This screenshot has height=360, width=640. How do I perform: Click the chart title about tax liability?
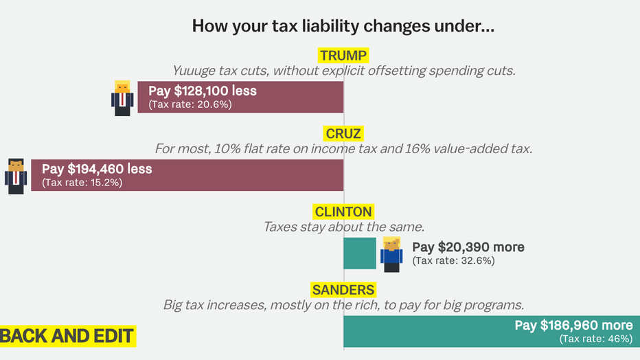tap(343, 27)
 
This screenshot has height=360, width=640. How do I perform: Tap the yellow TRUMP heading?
tap(343, 56)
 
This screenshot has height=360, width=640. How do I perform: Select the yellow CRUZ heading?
tap(343, 133)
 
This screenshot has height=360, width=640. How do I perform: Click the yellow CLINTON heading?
tap(343, 211)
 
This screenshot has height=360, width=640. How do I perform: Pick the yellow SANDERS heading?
tap(343, 289)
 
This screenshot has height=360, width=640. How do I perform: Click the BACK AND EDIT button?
tap(67, 336)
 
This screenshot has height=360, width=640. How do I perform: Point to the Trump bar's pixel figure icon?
tap(122, 98)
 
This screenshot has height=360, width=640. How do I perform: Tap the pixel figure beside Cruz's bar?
tap(16, 175)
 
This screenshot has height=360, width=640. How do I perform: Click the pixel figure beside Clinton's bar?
tap(391, 254)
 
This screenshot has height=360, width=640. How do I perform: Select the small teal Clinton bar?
tap(360, 253)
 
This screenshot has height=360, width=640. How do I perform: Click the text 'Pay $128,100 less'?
tap(203, 91)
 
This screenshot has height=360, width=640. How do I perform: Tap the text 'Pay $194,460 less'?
tap(97, 169)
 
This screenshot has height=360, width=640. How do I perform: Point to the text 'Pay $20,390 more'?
tap(468, 247)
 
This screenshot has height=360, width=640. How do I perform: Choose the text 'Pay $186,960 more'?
tap(573, 325)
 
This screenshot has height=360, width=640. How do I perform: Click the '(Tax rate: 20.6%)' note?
tap(190, 105)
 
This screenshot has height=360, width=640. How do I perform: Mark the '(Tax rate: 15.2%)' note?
tap(82, 183)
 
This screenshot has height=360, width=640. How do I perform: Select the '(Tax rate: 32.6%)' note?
tap(453, 261)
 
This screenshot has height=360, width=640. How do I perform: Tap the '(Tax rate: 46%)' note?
tap(596, 339)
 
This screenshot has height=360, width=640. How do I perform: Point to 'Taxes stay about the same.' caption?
tap(343, 226)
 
